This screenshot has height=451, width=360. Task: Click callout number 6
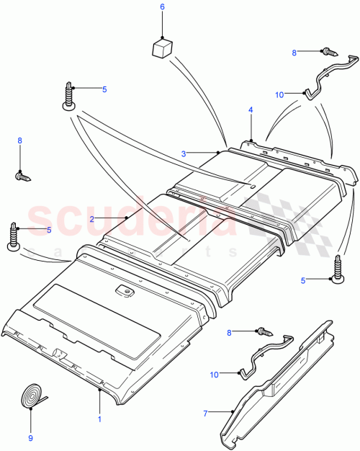[x=162, y=7]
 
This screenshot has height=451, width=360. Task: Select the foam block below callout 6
[x=162, y=48]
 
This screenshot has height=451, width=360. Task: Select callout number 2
[x=92, y=218]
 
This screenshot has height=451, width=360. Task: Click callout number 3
[x=184, y=153]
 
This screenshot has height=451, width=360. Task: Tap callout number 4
[x=251, y=110]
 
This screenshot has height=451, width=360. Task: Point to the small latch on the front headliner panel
[x=125, y=291]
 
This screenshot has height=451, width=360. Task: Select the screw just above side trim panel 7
[x=264, y=332]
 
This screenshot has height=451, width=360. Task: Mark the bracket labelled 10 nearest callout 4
[x=328, y=75]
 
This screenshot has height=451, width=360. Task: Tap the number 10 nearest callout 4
[x=279, y=94]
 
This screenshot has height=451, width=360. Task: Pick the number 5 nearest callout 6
[x=104, y=89]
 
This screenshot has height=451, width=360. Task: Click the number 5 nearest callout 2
[x=49, y=230]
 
